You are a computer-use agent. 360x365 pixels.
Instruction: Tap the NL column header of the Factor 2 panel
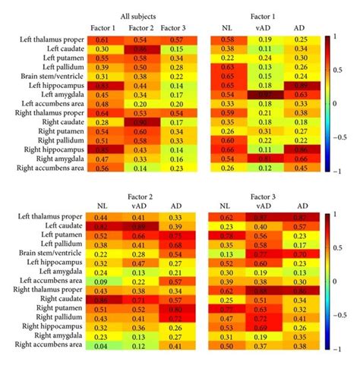(101, 206)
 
